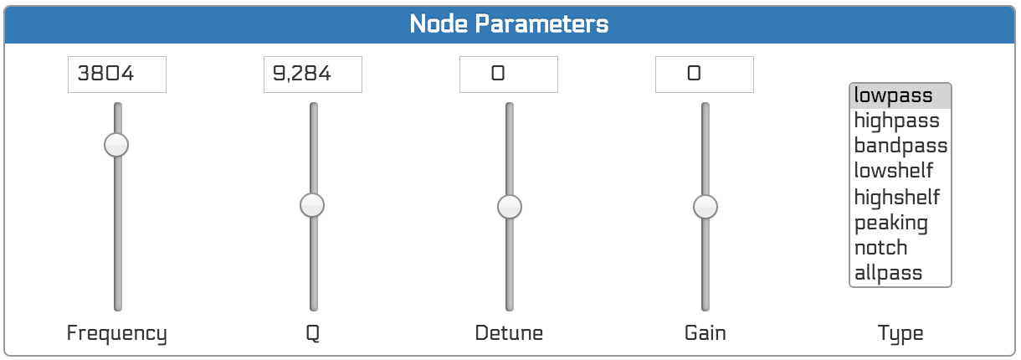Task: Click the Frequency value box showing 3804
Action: [117, 75]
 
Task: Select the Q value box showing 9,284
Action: [313, 75]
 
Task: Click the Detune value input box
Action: [509, 75]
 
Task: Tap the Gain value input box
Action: [704, 75]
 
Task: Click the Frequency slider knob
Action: [116, 145]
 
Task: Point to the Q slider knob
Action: [312, 205]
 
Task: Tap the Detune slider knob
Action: [510, 207]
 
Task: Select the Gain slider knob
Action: [705, 207]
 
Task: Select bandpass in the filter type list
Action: [900, 146]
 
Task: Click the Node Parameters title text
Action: [509, 23]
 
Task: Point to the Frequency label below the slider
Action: [116, 333]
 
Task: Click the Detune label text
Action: [509, 333]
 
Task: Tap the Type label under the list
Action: [900, 334]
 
